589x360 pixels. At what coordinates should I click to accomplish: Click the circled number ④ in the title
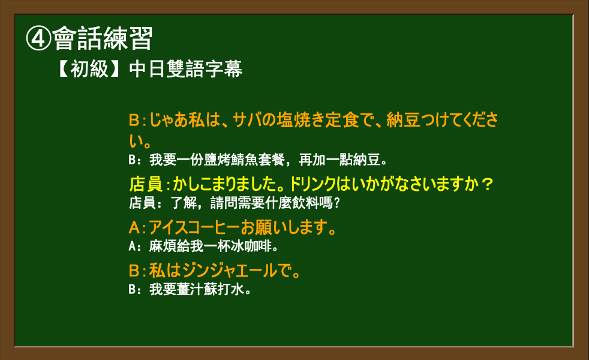(x=39, y=39)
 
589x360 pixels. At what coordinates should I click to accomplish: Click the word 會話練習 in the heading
(x=103, y=39)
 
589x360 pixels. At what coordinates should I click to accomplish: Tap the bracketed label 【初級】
(x=89, y=69)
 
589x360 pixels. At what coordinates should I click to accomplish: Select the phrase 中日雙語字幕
(x=186, y=69)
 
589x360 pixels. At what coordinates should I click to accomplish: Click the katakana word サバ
(x=247, y=120)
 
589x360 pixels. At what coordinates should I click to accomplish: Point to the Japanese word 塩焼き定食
(x=318, y=120)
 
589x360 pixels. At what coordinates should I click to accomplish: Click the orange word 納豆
(x=403, y=120)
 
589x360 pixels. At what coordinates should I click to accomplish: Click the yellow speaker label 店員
(x=146, y=184)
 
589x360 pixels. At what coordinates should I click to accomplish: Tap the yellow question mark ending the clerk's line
(x=487, y=184)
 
